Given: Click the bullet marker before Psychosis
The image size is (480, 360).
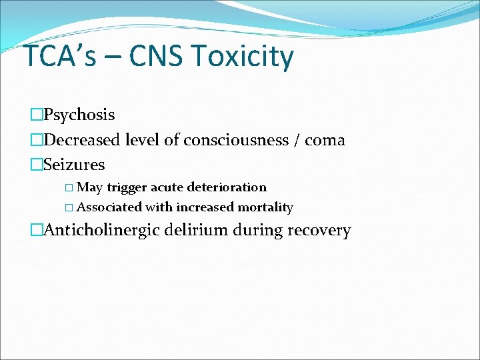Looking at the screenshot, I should pos(37,115).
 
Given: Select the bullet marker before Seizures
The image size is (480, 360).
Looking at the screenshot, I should pos(37,164).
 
